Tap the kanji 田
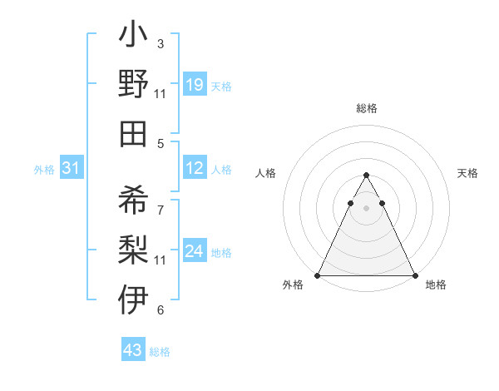point(133,133)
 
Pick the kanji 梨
point(133,250)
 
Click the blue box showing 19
point(195,85)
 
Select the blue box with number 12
point(195,169)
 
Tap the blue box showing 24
point(195,252)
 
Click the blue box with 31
point(72,169)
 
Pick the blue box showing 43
point(133,350)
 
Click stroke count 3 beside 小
point(161,43)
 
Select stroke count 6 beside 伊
point(161,310)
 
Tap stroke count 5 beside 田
point(161,143)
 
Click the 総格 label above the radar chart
point(367,108)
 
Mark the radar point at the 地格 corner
point(415,275)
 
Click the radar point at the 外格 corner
point(318,275)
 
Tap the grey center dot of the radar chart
point(367,207)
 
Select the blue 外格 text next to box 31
point(44,170)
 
